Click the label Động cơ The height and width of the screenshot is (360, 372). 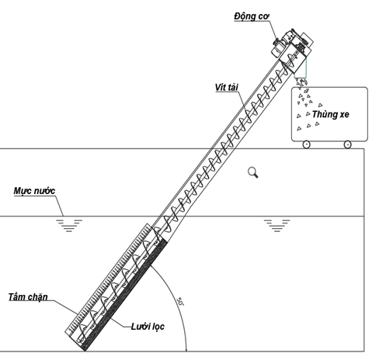[252, 16]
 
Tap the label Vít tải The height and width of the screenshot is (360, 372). [227, 88]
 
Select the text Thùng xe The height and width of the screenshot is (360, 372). [330, 114]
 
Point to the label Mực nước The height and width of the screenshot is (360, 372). [34, 191]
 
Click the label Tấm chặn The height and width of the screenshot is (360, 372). [28, 297]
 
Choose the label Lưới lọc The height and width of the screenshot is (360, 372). [148, 327]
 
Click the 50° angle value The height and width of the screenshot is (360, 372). [180, 301]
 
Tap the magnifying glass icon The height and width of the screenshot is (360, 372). [253, 172]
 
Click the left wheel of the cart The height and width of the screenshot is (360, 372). [306, 144]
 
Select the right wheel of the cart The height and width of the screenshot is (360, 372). [347, 144]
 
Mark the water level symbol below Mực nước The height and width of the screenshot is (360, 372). [69, 226]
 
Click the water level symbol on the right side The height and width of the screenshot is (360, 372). [276, 226]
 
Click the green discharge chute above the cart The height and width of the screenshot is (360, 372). [301, 68]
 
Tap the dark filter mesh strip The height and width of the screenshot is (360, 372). [126, 295]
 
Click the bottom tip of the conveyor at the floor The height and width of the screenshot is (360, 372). [85, 351]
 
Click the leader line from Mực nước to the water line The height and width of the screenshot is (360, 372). [60, 206]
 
